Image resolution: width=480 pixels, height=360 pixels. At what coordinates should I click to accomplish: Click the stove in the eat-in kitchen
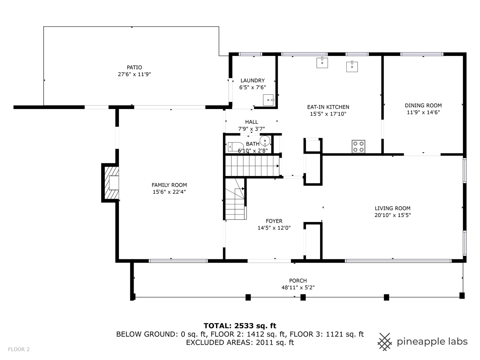tap(358, 146)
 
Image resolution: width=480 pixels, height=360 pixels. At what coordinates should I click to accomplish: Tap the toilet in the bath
tap(236, 147)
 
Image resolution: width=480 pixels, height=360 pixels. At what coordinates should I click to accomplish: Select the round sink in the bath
tap(265, 141)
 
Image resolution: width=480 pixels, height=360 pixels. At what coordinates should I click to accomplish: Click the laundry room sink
tap(268, 100)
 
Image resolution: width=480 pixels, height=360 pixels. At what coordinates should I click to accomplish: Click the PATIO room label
tap(134, 67)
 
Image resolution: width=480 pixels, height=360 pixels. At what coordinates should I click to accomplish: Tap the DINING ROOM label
tap(423, 105)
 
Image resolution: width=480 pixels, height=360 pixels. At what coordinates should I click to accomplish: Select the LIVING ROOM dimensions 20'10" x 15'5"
tap(393, 215)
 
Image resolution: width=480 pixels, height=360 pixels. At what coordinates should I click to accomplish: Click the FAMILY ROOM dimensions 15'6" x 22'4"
tap(169, 192)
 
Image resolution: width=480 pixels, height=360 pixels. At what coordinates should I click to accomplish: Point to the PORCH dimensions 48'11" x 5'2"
tap(298, 287)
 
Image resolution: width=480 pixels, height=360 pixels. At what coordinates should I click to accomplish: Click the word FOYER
tap(274, 221)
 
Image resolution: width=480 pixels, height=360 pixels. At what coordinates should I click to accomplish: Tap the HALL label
tap(251, 122)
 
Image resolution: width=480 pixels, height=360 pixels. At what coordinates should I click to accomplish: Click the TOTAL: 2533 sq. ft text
tap(240, 326)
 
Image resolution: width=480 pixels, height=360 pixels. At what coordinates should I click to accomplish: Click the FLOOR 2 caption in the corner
tap(19, 349)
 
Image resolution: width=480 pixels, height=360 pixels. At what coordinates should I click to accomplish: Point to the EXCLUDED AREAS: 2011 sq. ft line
tap(240, 342)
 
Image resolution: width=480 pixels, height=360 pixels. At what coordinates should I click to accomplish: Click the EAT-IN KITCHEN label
tap(328, 107)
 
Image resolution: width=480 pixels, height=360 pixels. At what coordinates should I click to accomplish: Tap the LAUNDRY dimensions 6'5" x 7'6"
tap(253, 87)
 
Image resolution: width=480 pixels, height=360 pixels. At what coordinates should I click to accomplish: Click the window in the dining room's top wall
tap(422, 54)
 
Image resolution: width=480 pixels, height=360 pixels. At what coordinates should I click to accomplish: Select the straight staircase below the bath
tap(252, 166)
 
